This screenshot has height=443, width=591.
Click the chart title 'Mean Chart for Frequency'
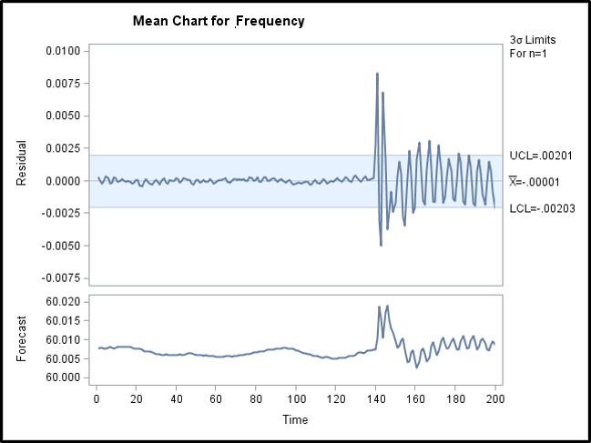[218, 20]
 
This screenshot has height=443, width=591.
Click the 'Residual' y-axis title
[21, 163]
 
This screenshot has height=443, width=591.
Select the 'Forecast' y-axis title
[21, 337]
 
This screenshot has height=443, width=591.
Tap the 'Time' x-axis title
[295, 419]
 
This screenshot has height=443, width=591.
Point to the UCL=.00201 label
[539, 155]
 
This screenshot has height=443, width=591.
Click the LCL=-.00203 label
[541, 208]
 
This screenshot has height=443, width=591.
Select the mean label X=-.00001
[535, 182]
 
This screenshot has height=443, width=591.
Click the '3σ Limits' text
[533, 40]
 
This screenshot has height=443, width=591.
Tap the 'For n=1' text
[528, 54]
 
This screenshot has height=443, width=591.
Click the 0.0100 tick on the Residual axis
[64, 51]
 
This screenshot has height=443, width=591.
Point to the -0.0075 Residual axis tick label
[62, 278]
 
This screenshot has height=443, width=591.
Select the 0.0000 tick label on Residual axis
[64, 181]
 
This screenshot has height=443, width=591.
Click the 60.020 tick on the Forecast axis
[64, 301]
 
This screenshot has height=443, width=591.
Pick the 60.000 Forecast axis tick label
[64, 378]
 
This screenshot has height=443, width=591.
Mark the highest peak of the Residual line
[377, 74]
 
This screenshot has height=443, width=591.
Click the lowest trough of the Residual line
[381, 245]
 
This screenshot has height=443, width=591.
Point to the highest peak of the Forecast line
[387, 306]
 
